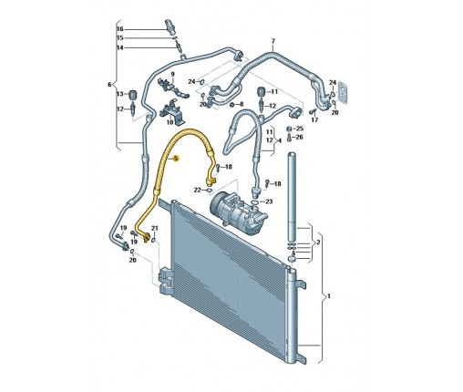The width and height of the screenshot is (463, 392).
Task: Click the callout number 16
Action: (x=120, y=29)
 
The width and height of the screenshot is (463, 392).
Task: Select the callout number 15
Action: (x=120, y=38)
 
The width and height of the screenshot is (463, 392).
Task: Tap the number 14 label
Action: (x=120, y=47)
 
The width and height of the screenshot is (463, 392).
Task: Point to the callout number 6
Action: (x=109, y=85)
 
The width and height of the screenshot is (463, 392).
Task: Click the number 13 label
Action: (x=120, y=94)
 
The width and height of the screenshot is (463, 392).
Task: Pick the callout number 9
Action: (x=172, y=74)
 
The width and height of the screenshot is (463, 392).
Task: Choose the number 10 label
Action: (x=170, y=122)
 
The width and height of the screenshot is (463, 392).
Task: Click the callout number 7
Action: (x=273, y=41)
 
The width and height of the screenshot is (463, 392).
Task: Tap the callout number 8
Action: (x=242, y=104)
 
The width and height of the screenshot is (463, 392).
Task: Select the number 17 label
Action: (x=314, y=119)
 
